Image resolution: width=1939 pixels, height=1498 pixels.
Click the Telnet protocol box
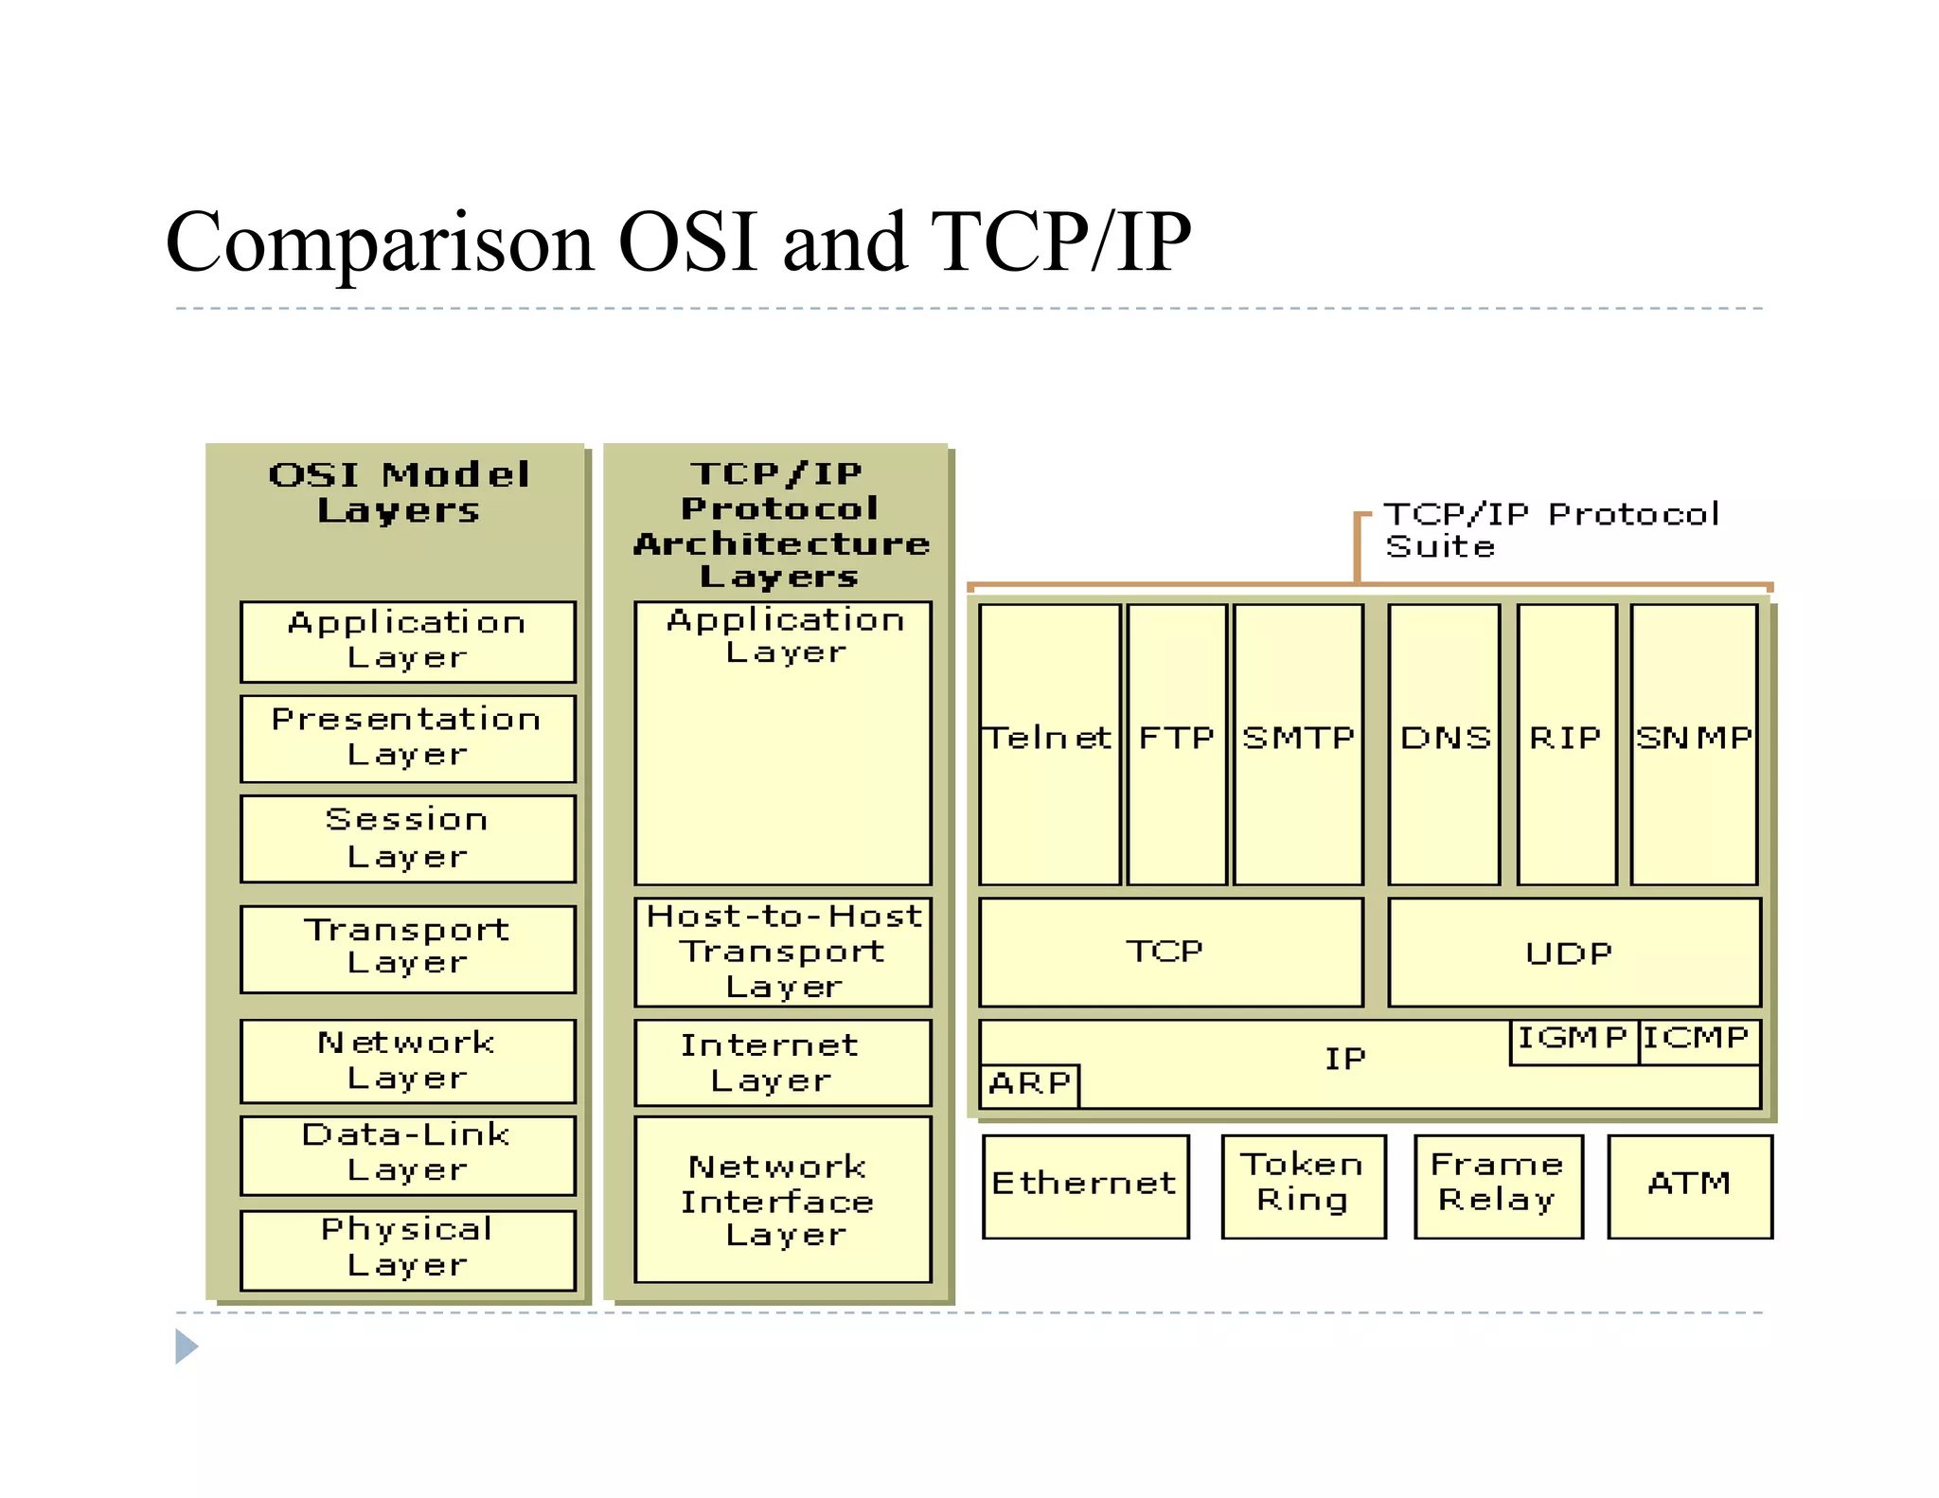coord(1049,744)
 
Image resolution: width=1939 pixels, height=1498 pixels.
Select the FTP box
coord(1177,744)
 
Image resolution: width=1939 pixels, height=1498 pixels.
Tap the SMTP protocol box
coord(1298,744)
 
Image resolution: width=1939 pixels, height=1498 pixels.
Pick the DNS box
coord(1444,744)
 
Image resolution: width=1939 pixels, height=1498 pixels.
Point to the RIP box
coord(1566,744)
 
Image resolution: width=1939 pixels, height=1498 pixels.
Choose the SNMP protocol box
coord(1694,744)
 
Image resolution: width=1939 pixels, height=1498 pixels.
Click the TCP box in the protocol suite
coord(1170,952)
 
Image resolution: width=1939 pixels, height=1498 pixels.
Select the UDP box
coord(1574,953)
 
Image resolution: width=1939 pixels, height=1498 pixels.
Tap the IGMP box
coord(1574,1041)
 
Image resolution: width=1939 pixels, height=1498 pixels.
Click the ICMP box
coord(1699,1041)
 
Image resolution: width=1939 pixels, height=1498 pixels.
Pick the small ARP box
coord(1030,1084)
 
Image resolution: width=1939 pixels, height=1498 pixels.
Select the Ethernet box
coord(1085,1186)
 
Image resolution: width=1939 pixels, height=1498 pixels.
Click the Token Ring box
coord(1303,1186)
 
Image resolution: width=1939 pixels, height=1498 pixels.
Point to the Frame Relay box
coord(1498,1186)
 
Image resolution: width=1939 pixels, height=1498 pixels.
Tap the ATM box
coord(1689,1186)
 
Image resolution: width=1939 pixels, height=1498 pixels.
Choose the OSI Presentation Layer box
coord(407,739)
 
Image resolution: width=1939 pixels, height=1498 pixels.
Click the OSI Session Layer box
coord(407,839)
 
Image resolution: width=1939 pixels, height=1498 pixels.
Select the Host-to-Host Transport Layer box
coord(782,952)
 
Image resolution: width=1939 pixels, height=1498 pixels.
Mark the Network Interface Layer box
coord(782,1200)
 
